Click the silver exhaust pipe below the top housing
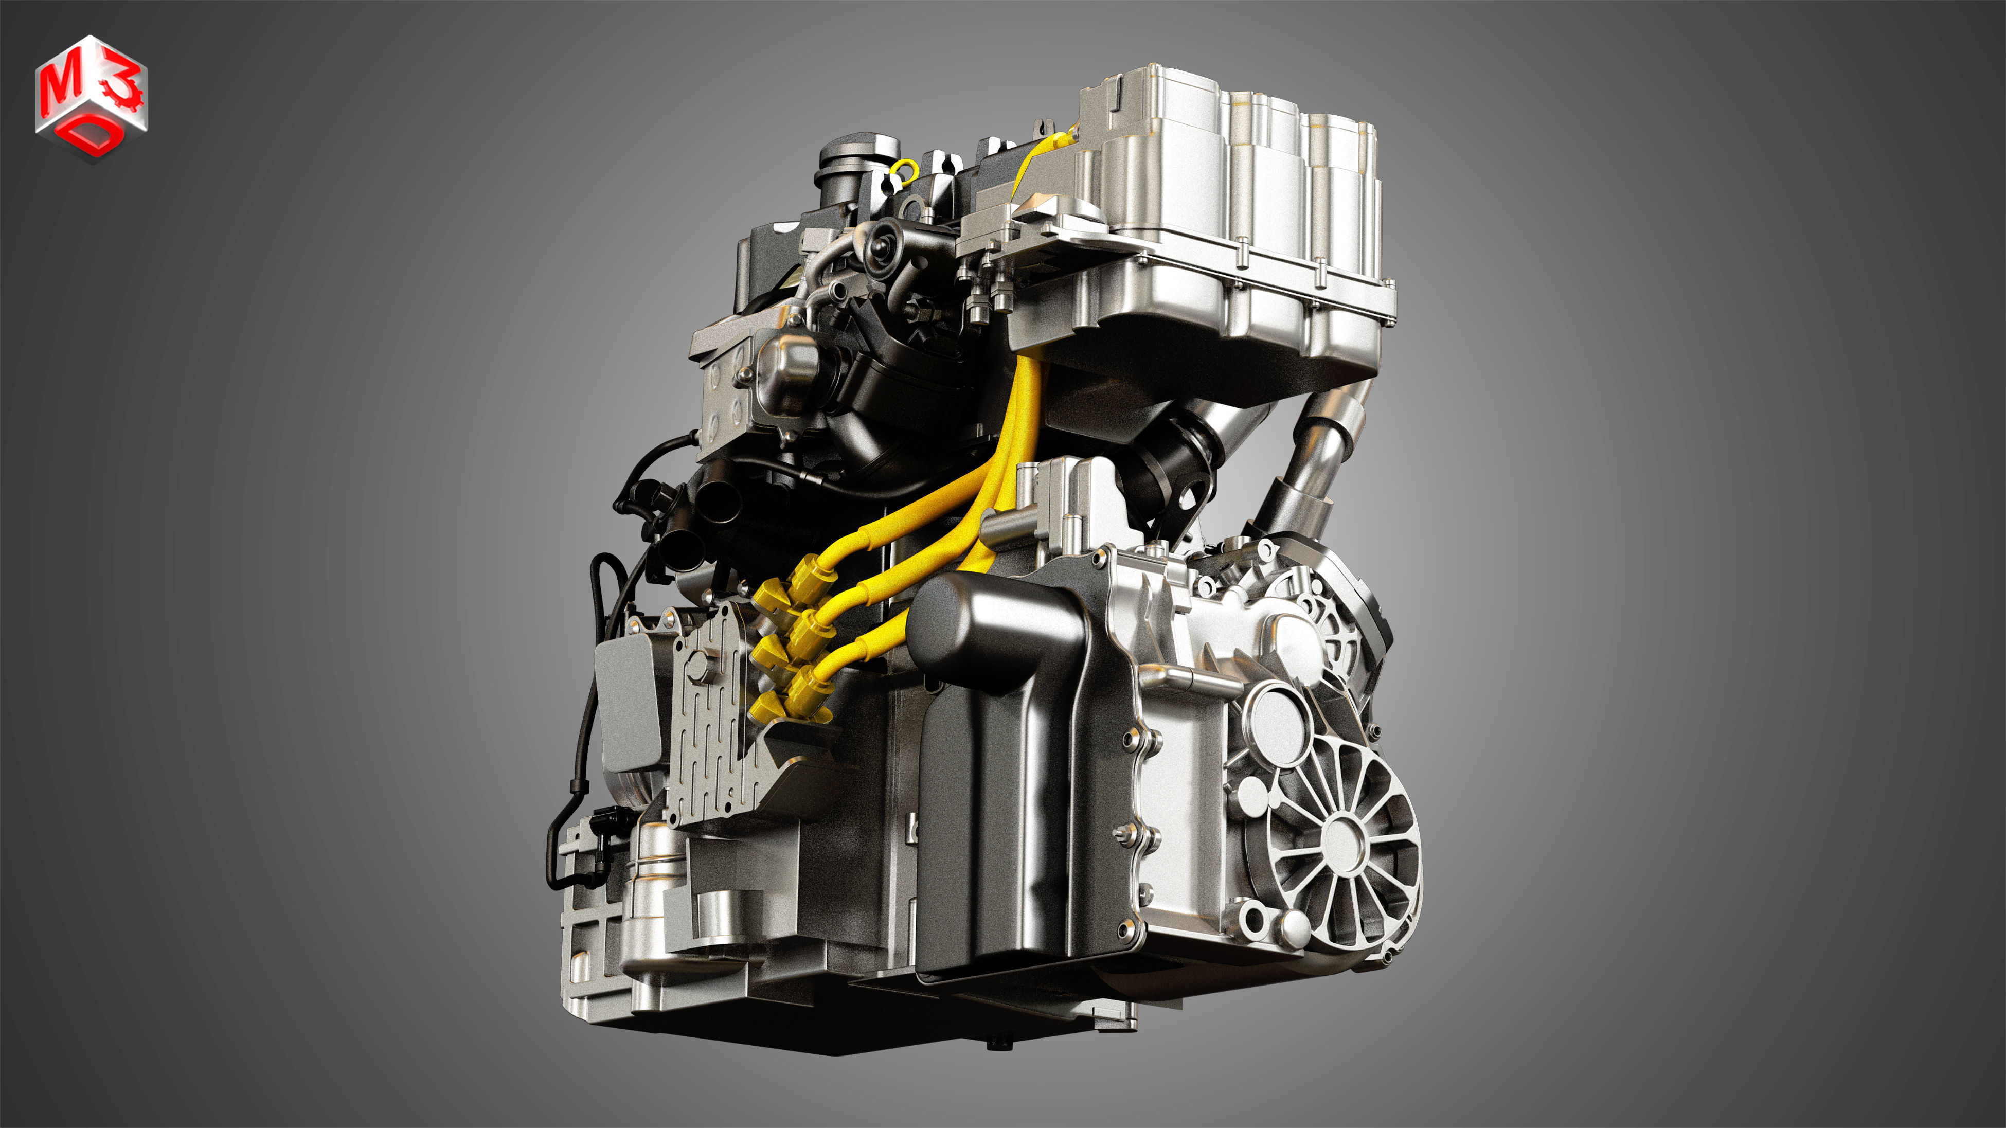click(x=1316, y=459)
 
